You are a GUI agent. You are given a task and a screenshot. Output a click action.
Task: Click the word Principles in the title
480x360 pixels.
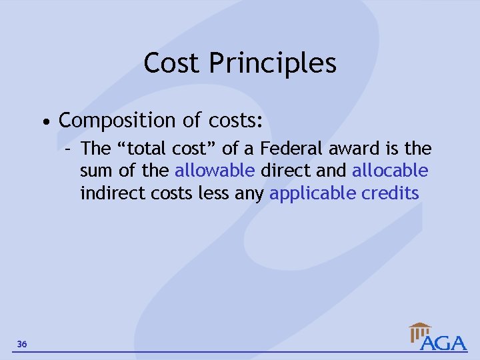click(273, 63)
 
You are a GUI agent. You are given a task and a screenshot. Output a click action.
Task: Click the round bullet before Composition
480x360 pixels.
click(44, 122)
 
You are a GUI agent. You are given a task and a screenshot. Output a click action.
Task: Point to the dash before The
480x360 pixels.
click(68, 148)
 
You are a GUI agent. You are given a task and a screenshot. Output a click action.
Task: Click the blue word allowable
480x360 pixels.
click(215, 171)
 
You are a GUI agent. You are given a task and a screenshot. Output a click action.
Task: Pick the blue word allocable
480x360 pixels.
click(390, 171)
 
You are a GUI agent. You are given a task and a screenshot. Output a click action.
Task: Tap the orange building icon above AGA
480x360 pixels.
click(420, 330)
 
